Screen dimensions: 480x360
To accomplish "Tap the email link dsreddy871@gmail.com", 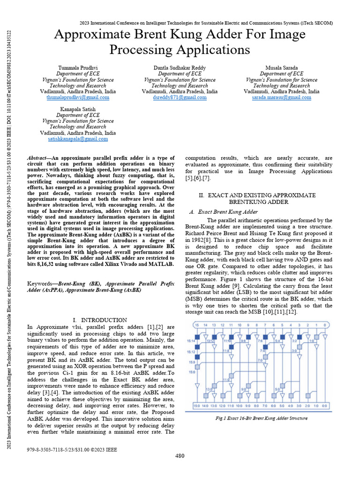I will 180,97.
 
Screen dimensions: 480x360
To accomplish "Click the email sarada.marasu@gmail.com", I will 281,97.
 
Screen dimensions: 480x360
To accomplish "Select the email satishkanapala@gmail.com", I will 78,139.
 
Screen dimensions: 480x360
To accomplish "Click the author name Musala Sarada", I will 281,68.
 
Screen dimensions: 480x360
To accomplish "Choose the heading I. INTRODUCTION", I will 101,320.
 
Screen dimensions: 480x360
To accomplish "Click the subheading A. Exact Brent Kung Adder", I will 224,212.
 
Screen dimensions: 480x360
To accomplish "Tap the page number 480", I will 180,456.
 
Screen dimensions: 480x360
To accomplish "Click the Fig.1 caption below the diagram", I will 261,418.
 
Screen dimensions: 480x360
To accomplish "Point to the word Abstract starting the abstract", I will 38,159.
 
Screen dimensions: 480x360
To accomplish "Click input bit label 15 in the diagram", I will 196,325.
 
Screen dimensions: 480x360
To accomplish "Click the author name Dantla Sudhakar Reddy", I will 180,68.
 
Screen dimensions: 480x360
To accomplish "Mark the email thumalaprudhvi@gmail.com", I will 78,97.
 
